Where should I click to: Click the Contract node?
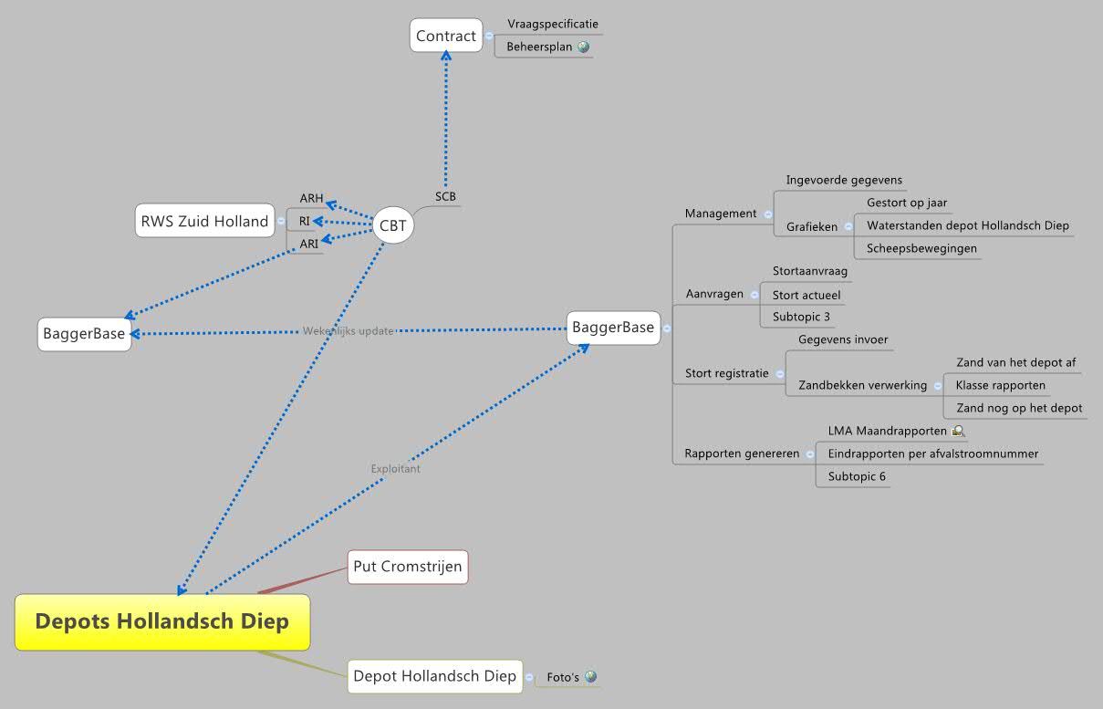(x=446, y=36)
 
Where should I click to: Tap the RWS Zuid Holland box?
(x=204, y=221)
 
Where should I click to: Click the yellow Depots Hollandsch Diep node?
(x=161, y=621)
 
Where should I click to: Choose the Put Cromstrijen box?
(x=407, y=567)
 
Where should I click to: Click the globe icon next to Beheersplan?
(x=583, y=47)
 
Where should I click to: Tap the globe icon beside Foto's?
(x=590, y=677)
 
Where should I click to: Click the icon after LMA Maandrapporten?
(x=958, y=431)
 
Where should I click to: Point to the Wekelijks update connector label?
(x=348, y=330)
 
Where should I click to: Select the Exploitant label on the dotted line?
(x=395, y=469)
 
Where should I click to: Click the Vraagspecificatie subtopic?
(x=553, y=24)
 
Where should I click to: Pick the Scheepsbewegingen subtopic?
(x=921, y=248)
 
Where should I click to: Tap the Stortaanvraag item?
(x=810, y=271)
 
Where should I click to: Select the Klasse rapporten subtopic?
(x=1000, y=385)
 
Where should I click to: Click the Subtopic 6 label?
(x=857, y=476)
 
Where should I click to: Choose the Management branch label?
(x=720, y=214)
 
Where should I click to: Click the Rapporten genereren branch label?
(x=742, y=454)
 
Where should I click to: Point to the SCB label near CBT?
(x=445, y=196)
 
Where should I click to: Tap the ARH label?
(x=311, y=198)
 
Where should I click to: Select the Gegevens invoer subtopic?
(x=843, y=339)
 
